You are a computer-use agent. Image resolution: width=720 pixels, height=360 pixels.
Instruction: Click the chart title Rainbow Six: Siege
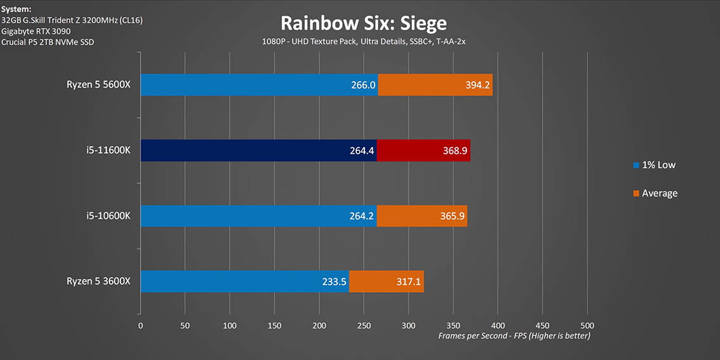(x=363, y=23)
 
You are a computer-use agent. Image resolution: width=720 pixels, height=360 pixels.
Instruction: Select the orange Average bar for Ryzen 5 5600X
(x=435, y=85)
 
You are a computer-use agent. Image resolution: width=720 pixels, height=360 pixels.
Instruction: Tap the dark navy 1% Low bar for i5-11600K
(x=258, y=150)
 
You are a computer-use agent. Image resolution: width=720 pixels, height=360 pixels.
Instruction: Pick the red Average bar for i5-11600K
(x=423, y=150)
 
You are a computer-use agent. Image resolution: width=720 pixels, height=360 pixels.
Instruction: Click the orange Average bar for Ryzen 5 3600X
(x=386, y=281)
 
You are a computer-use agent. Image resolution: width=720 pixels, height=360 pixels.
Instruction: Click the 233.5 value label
(x=334, y=281)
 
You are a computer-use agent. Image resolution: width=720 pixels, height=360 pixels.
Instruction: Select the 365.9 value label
(x=453, y=216)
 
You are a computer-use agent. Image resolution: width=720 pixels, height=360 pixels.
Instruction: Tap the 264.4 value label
(x=362, y=150)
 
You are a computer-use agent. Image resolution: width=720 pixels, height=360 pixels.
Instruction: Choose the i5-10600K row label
(x=108, y=215)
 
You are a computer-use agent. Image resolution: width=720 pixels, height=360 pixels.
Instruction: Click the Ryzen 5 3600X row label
(x=98, y=281)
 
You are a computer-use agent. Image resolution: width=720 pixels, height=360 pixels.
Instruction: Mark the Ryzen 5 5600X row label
(x=98, y=84)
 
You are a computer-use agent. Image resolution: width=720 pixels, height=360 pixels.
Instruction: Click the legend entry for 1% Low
(x=655, y=165)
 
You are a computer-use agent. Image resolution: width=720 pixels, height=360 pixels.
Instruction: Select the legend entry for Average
(x=655, y=193)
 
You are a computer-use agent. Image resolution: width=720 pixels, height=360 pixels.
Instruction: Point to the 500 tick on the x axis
(x=587, y=325)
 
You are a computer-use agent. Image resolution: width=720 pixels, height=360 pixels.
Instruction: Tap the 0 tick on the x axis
(x=141, y=325)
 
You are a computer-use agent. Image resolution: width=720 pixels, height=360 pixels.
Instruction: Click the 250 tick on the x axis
(x=364, y=325)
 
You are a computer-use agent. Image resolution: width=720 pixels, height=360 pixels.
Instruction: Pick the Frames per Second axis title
(x=514, y=336)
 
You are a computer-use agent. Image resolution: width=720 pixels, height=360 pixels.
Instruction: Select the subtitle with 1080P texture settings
(x=364, y=41)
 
